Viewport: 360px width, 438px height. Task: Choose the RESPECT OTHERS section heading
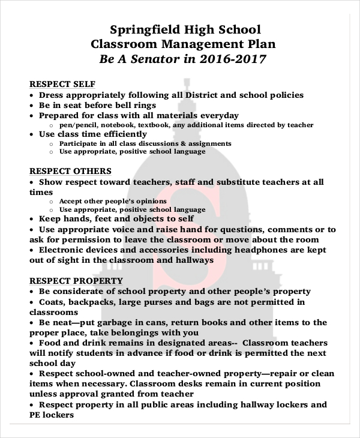tap(70, 171)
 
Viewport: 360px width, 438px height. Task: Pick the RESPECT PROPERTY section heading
tap(76, 280)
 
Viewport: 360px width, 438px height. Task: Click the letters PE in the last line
tap(35, 415)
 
